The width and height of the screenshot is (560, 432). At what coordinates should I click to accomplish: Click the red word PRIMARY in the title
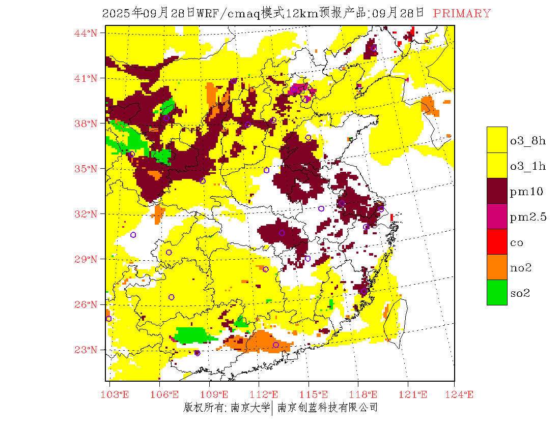tap(462, 14)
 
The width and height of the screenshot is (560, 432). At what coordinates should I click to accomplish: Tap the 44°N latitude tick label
tap(86, 33)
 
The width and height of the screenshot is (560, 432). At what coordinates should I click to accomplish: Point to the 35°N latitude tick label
tap(86, 169)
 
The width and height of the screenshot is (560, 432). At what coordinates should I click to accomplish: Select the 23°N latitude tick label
tap(86, 350)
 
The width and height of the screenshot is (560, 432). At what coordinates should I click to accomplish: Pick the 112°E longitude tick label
tap(267, 394)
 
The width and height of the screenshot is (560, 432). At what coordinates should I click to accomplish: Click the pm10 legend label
tap(526, 192)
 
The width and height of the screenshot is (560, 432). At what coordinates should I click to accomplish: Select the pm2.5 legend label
tap(528, 217)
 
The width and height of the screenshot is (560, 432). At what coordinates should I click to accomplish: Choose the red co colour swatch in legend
tap(497, 242)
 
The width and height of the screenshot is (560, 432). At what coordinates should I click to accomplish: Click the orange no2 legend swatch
tap(497, 267)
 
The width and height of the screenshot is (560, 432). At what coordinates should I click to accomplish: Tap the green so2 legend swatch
tap(497, 293)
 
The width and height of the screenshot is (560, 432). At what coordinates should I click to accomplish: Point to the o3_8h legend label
tap(528, 141)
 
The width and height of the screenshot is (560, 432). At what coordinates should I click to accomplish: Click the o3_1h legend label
tap(528, 166)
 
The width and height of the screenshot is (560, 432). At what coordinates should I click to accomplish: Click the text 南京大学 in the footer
tap(250, 407)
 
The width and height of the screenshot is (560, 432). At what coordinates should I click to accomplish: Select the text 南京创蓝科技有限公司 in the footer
tap(327, 407)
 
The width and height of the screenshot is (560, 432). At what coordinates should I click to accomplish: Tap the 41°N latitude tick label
tap(86, 78)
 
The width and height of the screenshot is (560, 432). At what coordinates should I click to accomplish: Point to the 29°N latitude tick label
tap(86, 259)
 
